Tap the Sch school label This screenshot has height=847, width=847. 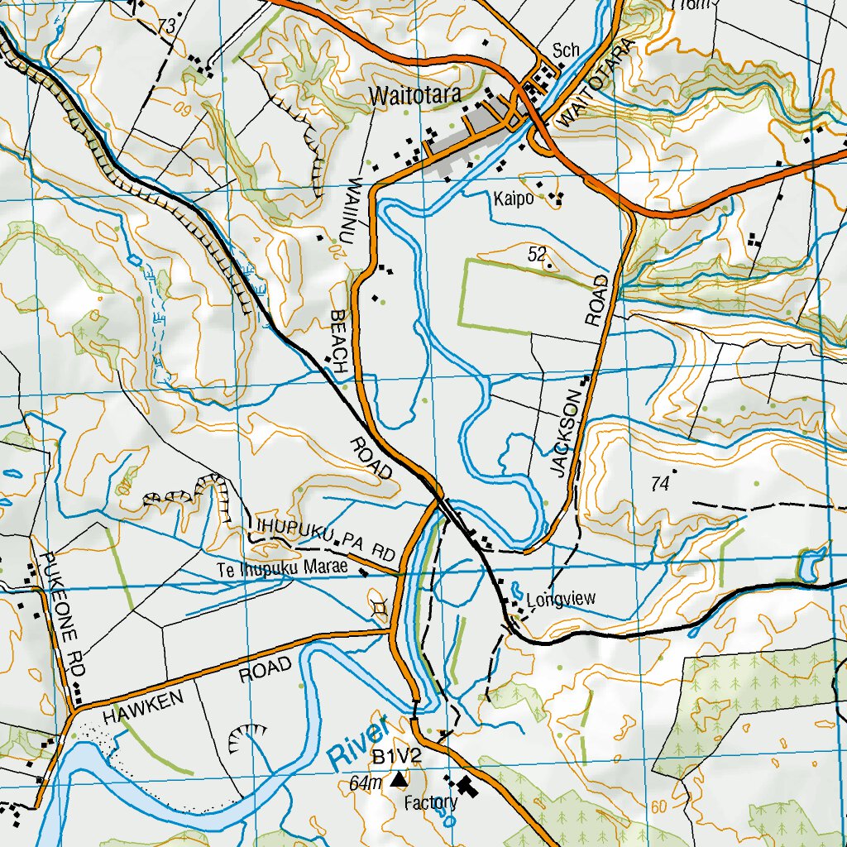[566, 50]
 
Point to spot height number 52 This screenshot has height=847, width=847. [537, 255]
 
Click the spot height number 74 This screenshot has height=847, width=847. [658, 486]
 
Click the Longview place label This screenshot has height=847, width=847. [561, 601]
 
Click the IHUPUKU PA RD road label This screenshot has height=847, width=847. [327, 538]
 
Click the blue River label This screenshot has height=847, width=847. [358, 741]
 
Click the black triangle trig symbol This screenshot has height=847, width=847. [400, 778]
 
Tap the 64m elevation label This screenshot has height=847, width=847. [366, 782]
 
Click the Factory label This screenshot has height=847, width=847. [430, 802]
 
